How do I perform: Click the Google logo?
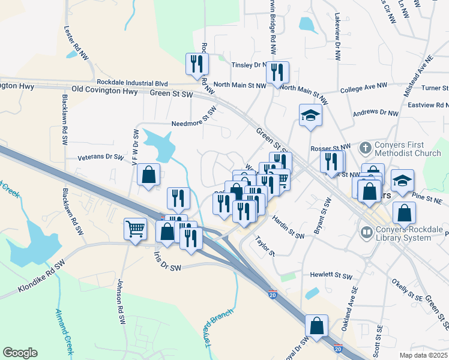click(20, 352)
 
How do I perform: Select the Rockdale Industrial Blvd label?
click(132, 83)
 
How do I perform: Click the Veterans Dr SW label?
click(100, 158)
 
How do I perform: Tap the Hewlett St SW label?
click(331, 275)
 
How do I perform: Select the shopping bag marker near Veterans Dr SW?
click(148, 175)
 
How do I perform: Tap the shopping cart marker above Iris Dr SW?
click(135, 228)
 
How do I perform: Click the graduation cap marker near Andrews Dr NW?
click(311, 115)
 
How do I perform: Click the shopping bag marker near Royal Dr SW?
click(316, 326)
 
